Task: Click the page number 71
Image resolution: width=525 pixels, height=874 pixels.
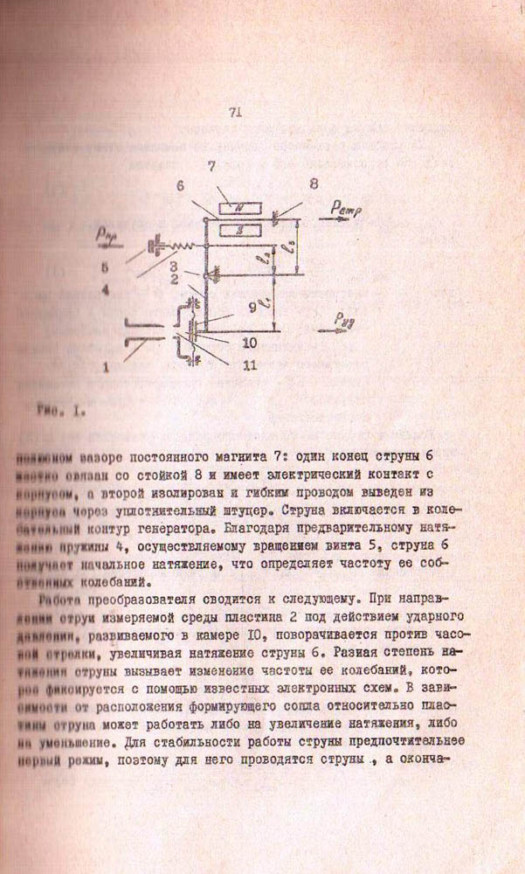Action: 233,112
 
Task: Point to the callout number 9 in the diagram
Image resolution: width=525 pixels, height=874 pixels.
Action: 252,308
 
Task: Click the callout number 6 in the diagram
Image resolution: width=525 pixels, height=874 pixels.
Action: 180,187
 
